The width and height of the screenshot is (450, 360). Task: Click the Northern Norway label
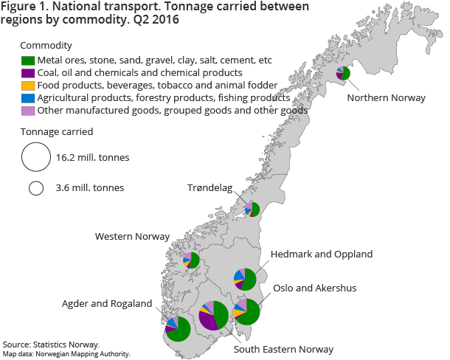pyautogui.click(x=386, y=98)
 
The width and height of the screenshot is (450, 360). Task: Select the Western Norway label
pyautogui.click(x=132, y=237)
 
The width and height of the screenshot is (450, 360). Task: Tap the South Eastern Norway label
pyautogui.click(x=283, y=349)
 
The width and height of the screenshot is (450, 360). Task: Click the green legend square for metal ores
pyautogui.click(x=27, y=60)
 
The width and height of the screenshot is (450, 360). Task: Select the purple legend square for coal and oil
pyautogui.click(x=27, y=72)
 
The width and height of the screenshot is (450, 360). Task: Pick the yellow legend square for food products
pyautogui.click(x=27, y=85)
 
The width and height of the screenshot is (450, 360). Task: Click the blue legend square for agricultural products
pyautogui.click(x=27, y=97)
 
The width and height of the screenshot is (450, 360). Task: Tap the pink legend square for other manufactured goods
pyautogui.click(x=27, y=110)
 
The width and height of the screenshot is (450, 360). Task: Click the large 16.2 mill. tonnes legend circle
pyautogui.click(x=35, y=157)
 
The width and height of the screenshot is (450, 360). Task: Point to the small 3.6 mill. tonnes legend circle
pyautogui.click(x=35, y=188)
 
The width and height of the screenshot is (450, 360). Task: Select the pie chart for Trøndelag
pyautogui.click(x=253, y=209)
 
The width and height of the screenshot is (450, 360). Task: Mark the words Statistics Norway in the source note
pyautogui.click(x=70, y=345)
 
